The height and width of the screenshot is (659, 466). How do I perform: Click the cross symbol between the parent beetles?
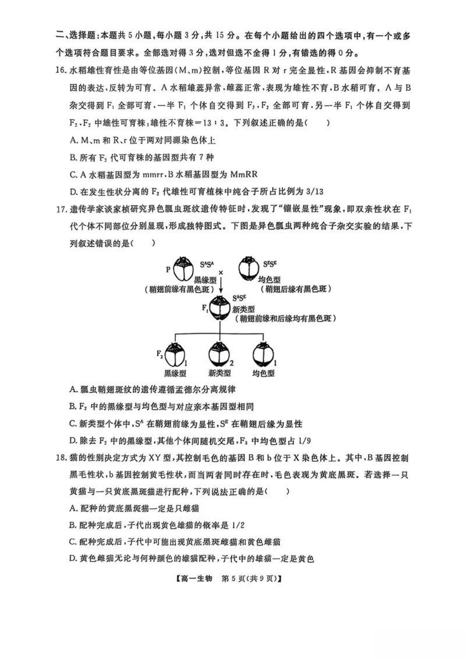[x=221, y=272]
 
